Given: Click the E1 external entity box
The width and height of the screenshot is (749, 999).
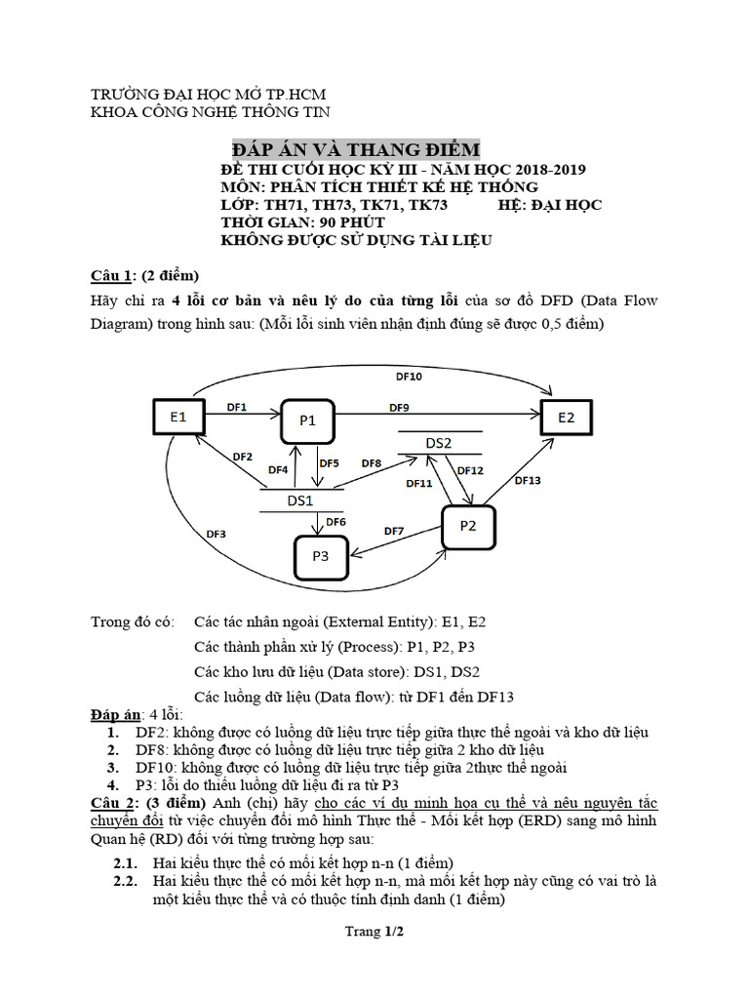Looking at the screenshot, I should point(177,418).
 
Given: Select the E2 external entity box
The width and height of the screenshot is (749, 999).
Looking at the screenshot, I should point(567,418).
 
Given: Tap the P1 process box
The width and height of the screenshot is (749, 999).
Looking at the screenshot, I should point(307,420).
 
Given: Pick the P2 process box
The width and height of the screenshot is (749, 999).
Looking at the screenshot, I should point(469,527).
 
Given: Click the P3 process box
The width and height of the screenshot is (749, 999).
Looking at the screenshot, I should point(321,556).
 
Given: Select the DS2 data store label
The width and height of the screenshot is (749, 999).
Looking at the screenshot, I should point(439,443).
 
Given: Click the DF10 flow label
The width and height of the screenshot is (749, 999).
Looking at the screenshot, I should point(408,376).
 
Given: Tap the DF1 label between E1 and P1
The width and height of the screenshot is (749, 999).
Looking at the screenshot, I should point(237,407).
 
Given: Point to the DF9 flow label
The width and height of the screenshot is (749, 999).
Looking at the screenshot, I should point(399,407).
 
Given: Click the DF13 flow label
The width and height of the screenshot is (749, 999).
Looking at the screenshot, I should point(528,479).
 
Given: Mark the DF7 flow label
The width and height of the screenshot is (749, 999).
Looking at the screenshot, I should point(393,531).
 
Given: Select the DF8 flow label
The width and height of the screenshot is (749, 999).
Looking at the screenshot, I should point(372,462).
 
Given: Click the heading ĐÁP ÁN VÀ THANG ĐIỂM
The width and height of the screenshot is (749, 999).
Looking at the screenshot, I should point(356,149).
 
